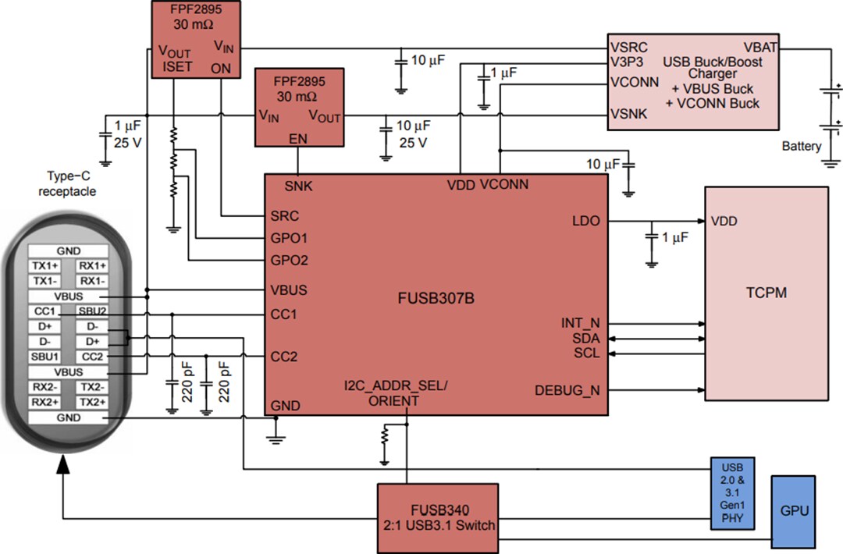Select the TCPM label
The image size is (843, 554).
[x=766, y=294]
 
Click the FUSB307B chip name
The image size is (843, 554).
[x=436, y=297]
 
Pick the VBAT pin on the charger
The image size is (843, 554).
[x=759, y=48]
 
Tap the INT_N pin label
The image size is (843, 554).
[x=580, y=323]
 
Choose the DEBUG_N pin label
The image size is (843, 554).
[x=567, y=390]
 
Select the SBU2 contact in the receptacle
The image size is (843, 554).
[x=92, y=311]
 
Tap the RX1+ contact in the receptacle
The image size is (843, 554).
[x=92, y=266]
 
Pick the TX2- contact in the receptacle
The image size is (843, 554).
[x=92, y=387]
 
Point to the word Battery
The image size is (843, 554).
[x=801, y=146]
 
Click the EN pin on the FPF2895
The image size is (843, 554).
[x=297, y=138]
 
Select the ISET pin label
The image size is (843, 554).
[x=177, y=67]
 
